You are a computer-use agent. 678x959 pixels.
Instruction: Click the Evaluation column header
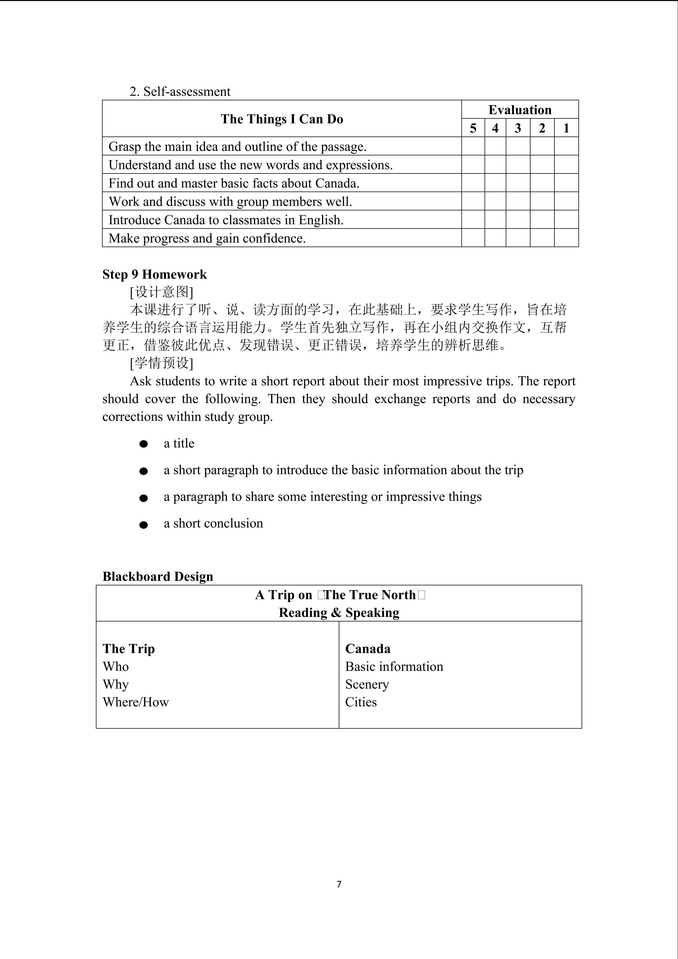[520, 110]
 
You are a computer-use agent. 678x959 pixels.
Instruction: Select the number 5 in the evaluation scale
[473, 128]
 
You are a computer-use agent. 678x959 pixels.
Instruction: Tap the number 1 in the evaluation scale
[566, 128]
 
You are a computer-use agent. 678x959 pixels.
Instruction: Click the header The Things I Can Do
[282, 119]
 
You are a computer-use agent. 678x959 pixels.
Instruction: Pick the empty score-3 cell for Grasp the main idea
[518, 146]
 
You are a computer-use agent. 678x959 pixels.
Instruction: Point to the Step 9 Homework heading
[154, 274]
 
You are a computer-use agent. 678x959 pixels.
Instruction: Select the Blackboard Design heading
[158, 576]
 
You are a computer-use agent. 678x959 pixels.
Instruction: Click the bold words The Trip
[129, 649]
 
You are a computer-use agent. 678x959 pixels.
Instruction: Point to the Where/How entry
[136, 702]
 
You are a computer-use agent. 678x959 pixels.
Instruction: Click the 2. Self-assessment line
[179, 91]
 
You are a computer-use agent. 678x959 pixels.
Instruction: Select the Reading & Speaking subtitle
[339, 613]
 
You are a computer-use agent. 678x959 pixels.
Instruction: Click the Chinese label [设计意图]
[161, 292]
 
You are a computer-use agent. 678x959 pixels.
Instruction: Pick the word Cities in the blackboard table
[361, 702]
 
